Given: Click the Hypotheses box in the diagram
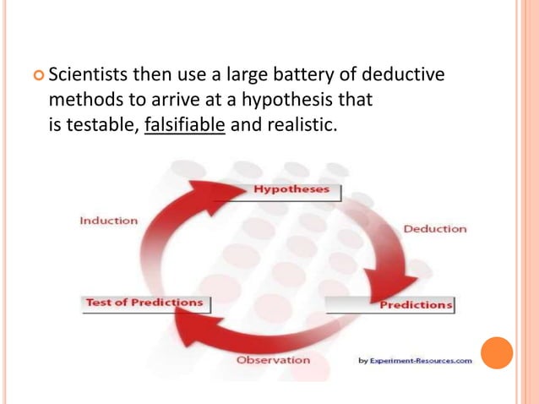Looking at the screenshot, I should point(292,190).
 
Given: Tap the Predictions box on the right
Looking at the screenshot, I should point(415,304).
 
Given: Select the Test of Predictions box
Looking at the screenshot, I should point(145,303).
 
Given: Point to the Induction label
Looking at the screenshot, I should point(108,221).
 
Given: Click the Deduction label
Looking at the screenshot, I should point(434,228).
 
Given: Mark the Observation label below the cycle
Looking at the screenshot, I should point(273,360).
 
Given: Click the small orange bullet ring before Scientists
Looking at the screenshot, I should point(38,77).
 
